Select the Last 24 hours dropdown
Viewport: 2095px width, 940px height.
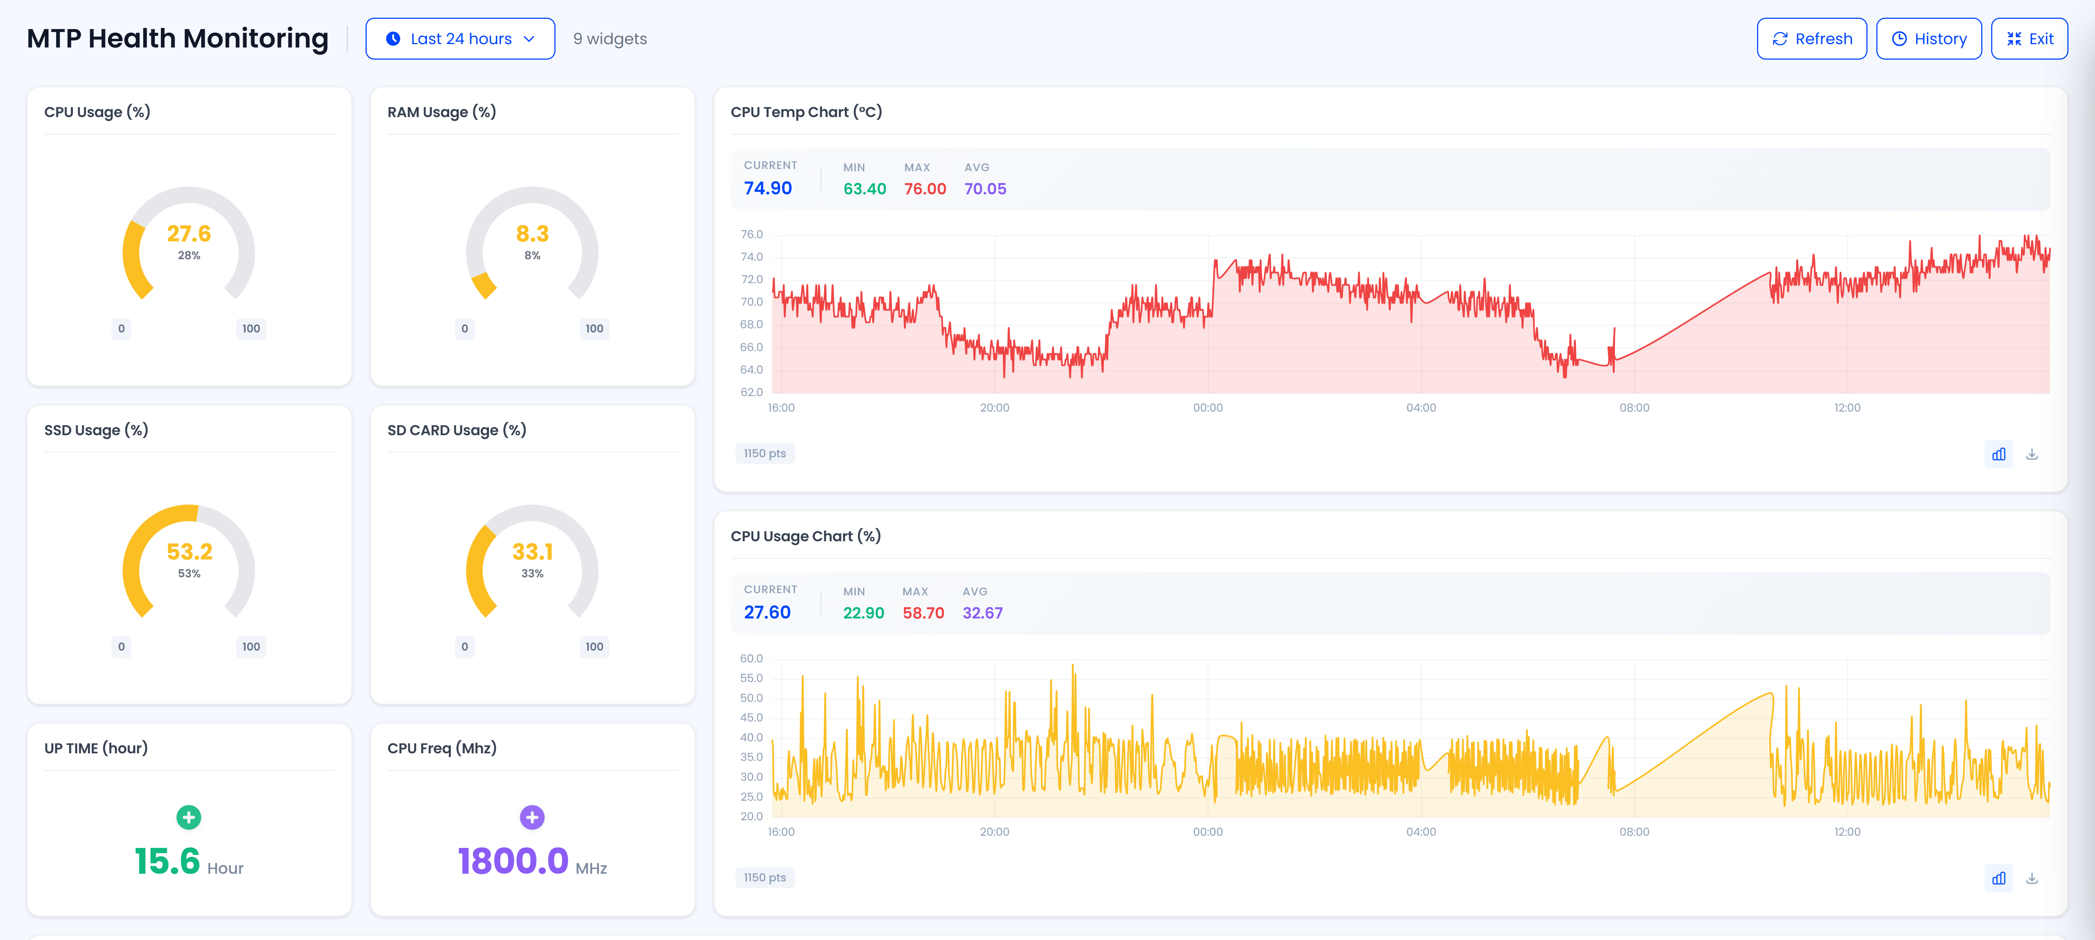(460, 39)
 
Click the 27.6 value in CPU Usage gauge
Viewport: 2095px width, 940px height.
(189, 234)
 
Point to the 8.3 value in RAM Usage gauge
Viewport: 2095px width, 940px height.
(532, 234)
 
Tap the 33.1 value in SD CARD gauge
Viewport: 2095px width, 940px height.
(532, 552)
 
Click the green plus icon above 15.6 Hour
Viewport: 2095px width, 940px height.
(189, 817)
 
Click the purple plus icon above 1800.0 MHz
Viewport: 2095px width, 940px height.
(532, 817)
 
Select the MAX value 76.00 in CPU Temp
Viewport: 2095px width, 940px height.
(925, 189)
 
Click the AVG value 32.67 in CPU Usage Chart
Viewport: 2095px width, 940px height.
(983, 613)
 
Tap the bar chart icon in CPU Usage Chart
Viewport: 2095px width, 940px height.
(1998, 878)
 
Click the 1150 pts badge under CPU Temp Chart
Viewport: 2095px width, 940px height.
(765, 454)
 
